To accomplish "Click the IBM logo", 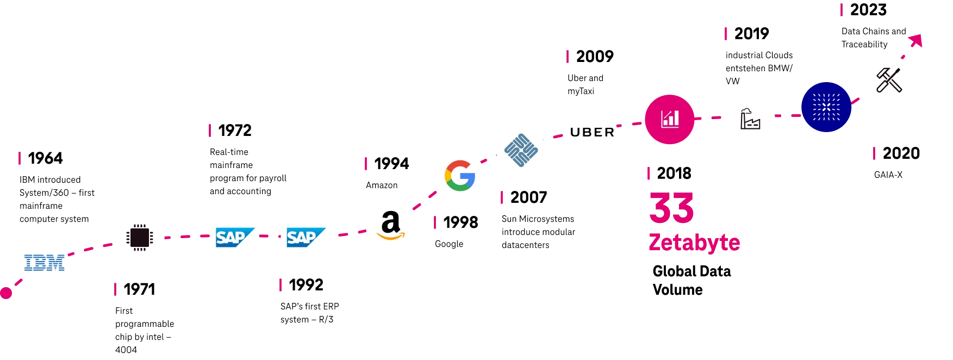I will coord(44,263).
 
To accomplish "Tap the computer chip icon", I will coord(139,237).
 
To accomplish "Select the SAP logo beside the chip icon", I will coord(235,237).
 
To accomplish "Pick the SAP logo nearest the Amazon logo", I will coord(304,237).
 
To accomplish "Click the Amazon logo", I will coord(391,225).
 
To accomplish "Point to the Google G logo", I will coord(460,176).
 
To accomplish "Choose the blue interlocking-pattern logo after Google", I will coord(521,150).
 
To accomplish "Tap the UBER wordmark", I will coord(591,132).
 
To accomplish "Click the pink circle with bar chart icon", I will coord(669,119).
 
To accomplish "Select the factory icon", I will coord(750,119).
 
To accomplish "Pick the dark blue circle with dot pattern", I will coord(826,107).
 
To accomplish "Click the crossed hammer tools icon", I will coord(889,80).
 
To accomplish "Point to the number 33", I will coord(671,208).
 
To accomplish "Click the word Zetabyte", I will coord(694,242).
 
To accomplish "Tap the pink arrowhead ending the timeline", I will coord(916,41).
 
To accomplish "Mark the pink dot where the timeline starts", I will coord(5,293).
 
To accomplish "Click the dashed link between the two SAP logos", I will coord(270,237).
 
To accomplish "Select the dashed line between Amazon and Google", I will coord(426,200).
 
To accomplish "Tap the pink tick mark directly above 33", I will coord(648,173).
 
